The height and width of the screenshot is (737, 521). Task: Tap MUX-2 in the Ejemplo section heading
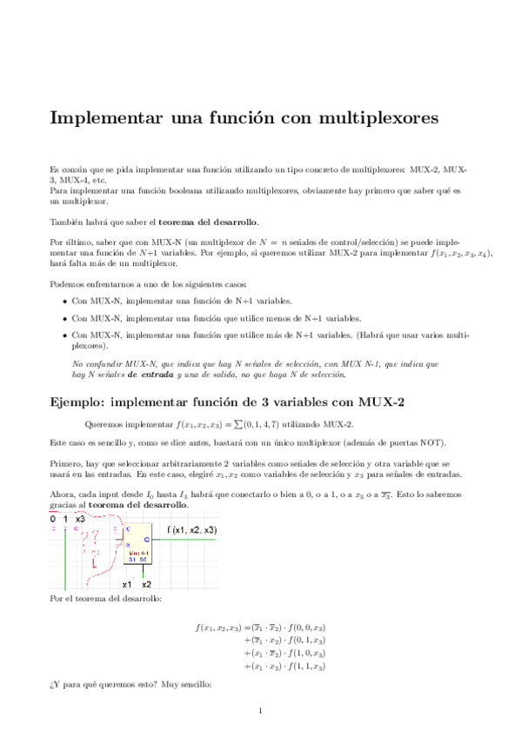[x=378, y=402]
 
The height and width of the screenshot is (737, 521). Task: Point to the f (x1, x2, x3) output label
[x=191, y=529]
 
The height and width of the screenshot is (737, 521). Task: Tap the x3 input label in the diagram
[x=81, y=519]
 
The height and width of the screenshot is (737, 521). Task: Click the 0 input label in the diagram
[x=53, y=519]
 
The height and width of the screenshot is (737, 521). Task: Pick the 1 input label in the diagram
[x=67, y=519]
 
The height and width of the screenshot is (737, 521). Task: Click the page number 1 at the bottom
[x=260, y=711]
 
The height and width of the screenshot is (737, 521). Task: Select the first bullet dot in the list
[x=64, y=302]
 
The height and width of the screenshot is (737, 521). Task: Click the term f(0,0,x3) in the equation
[x=305, y=627]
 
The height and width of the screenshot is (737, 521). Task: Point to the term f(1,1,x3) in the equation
[x=305, y=667]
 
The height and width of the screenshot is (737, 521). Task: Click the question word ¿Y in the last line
[x=55, y=684]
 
